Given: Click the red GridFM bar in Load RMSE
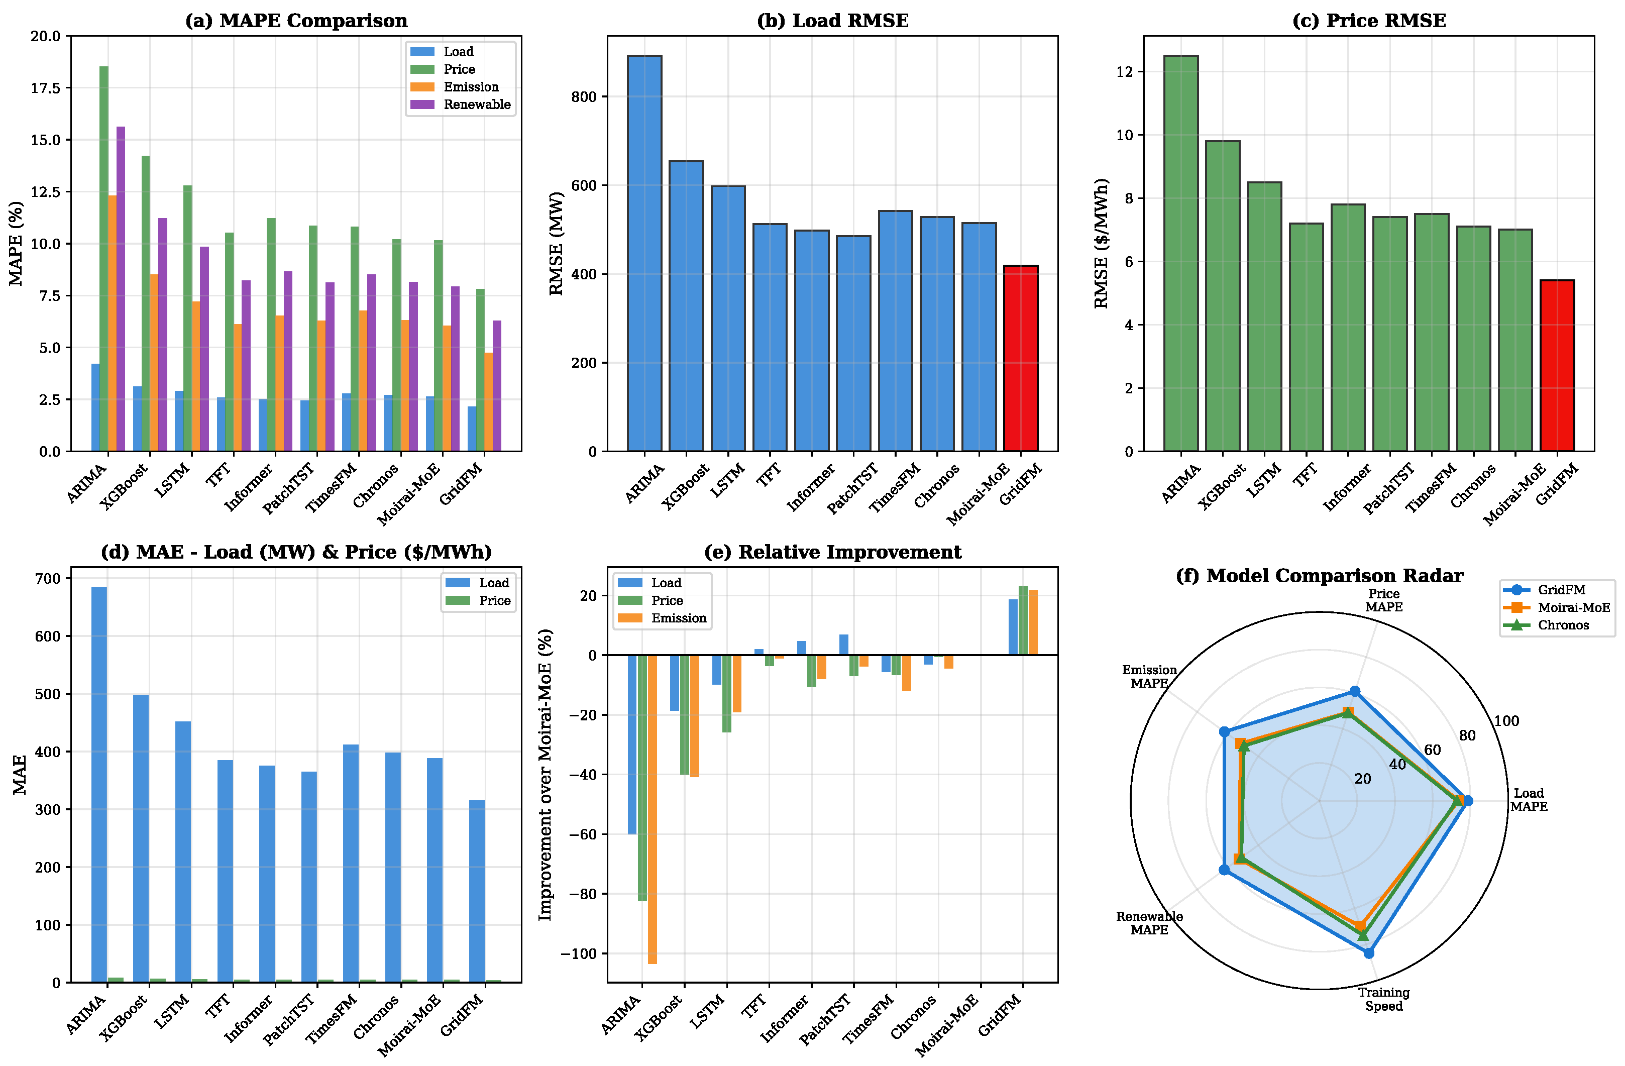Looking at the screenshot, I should (1021, 359).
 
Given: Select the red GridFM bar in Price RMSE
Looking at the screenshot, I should (1557, 365).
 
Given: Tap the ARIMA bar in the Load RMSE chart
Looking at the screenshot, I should (644, 253).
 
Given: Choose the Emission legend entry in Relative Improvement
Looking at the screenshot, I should (678, 618).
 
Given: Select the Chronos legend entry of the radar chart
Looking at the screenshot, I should (1563, 625).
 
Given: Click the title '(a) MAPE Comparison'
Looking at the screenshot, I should (296, 21).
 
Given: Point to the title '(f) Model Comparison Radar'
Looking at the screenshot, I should (1319, 576).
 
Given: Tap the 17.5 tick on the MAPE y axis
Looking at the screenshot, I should (46, 88).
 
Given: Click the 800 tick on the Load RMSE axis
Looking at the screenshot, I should (584, 97).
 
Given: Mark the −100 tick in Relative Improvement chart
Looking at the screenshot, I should (578, 953).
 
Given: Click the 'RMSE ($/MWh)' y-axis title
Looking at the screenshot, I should (1101, 244).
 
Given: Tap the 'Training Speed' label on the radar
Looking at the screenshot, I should (1383, 999).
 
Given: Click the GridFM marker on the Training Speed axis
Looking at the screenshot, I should (1368, 952).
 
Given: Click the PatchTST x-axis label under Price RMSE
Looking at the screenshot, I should (1388, 488).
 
